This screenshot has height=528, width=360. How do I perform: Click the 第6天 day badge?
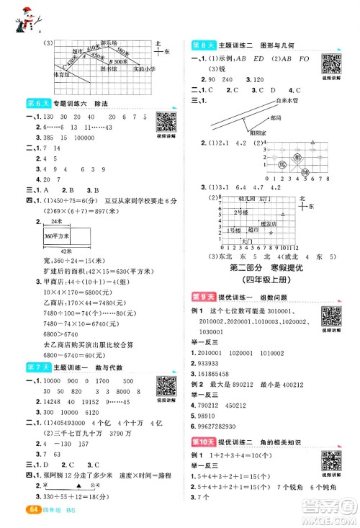(x=34, y=105)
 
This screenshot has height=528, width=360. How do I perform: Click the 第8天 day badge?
(x=199, y=45)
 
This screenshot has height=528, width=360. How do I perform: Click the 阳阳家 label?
(x=248, y=133)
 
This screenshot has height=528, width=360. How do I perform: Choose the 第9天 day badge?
(x=199, y=297)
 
